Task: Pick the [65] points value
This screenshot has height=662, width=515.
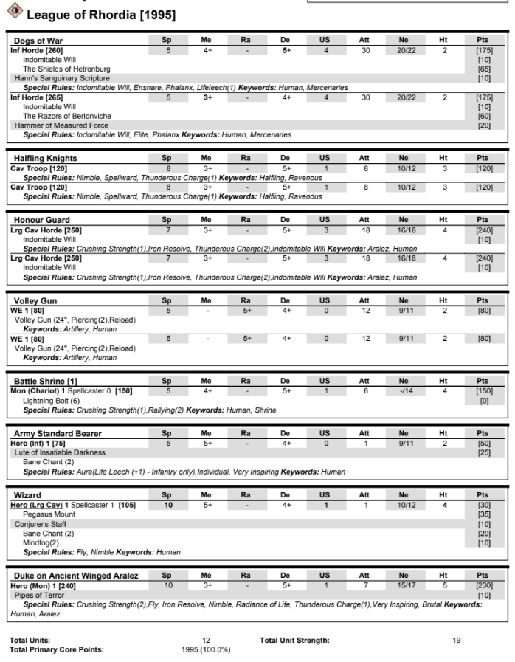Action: click(484, 69)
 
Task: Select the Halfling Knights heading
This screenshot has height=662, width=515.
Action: click(45, 158)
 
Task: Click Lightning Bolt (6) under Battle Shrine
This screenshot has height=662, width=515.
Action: click(53, 400)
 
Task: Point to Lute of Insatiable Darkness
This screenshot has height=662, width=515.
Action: click(60, 452)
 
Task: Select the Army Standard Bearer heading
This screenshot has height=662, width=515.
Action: click(58, 433)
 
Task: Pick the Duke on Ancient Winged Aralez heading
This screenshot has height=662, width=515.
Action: click(76, 576)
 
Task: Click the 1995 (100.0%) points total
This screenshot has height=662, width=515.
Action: click(206, 649)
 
